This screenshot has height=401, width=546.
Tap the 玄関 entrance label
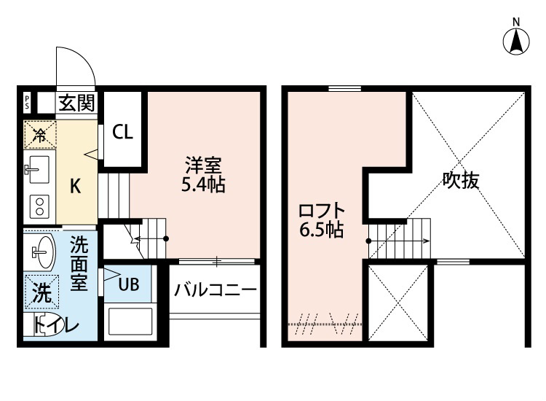click(76, 103)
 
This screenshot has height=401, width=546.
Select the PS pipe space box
click(27, 103)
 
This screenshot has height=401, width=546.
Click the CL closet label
click(122, 132)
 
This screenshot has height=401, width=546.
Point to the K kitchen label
click(74, 186)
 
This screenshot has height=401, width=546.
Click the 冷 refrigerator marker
click(39, 133)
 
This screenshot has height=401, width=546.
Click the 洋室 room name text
click(198, 165)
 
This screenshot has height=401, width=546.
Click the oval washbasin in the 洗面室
click(42, 252)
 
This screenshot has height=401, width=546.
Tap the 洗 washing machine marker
click(42, 293)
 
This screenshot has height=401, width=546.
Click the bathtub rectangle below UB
click(130, 321)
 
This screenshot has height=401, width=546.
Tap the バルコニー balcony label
click(215, 291)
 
